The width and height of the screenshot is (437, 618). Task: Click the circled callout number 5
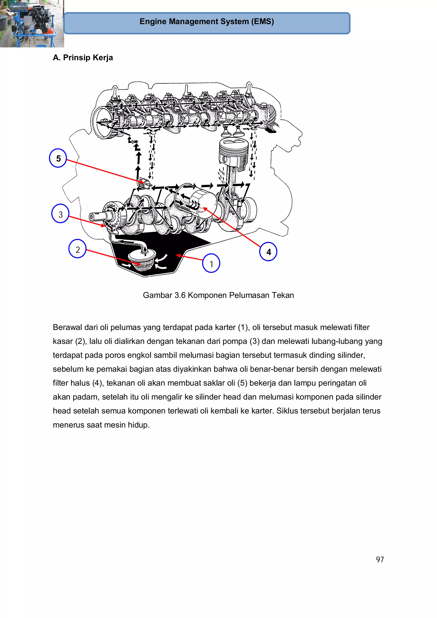(x=58, y=158)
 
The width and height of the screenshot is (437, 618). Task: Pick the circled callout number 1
(x=211, y=263)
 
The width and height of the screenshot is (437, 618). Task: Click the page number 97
(x=380, y=559)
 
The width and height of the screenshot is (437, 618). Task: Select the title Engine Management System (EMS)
(x=207, y=22)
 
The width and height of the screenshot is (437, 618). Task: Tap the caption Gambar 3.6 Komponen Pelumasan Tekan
(x=218, y=295)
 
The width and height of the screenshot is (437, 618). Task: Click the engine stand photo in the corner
(x=32, y=23)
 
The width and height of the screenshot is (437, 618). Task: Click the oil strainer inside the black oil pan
(x=142, y=259)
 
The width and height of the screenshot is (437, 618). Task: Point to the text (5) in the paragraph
(x=242, y=383)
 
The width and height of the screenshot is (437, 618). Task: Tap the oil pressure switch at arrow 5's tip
(x=145, y=183)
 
